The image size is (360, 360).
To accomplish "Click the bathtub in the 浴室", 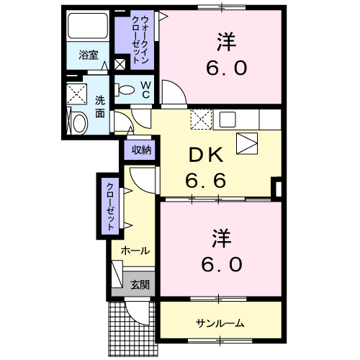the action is click(x=88, y=25).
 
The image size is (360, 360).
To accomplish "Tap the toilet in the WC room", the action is click(x=125, y=90).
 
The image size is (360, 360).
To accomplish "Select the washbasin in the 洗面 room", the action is click(x=80, y=123).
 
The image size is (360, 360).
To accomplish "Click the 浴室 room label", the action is click(x=89, y=55).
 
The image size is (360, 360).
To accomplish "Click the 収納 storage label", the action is click(x=141, y=150).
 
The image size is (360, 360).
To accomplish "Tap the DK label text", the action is click(x=206, y=155).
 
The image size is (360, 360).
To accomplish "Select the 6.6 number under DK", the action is click(x=206, y=180).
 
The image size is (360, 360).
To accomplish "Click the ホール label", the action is click(x=135, y=251).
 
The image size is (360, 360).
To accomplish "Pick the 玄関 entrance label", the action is click(x=140, y=285).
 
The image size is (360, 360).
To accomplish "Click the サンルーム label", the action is click(x=220, y=324).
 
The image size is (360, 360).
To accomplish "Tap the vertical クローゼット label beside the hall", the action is click(x=110, y=207).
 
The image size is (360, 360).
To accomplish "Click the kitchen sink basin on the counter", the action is click(x=228, y=120).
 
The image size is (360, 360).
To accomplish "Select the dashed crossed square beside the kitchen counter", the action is click(x=202, y=120).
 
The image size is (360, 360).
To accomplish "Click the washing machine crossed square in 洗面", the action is click(x=76, y=94).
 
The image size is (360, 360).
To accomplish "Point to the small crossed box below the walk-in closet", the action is click(x=120, y=64).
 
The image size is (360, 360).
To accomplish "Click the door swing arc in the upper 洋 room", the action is click(x=179, y=87).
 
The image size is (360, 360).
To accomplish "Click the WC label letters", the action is click(x=145, y=90).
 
